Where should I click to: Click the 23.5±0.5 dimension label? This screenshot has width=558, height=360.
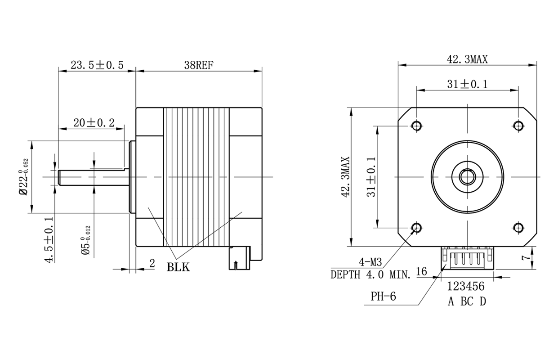coord(97,65)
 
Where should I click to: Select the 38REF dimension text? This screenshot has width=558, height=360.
coord(199,65)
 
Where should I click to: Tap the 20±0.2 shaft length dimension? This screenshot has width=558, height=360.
coord(94,123)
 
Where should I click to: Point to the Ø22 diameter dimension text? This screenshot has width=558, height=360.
coord(24,177)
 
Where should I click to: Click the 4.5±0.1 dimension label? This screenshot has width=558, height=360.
coord(49,240)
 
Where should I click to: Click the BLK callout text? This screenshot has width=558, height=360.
coord(178,267)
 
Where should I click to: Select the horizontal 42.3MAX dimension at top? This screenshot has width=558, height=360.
coord(467,59)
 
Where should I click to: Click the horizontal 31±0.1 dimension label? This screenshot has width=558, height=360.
coord(467,84)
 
